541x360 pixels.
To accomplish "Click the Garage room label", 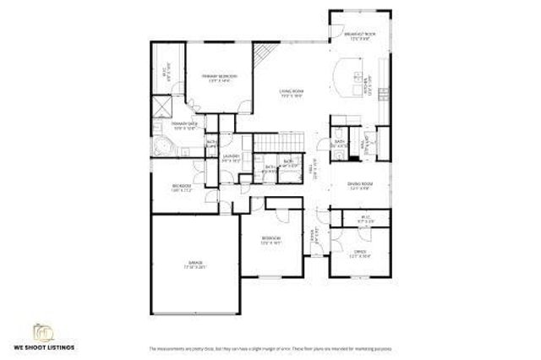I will [x=196, y=265].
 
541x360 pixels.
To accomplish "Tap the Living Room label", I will [x=292, y=92].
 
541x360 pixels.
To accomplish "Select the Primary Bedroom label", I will [x=219, y=78].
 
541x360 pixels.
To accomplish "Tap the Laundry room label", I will [x=232, y=157].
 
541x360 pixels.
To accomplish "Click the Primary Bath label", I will [x=184, y=125].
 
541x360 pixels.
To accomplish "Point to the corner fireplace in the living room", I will [x=263, y=57].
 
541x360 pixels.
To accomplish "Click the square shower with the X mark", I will [x=161, y=106].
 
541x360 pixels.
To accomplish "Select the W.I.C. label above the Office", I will [x=364, y=220].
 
